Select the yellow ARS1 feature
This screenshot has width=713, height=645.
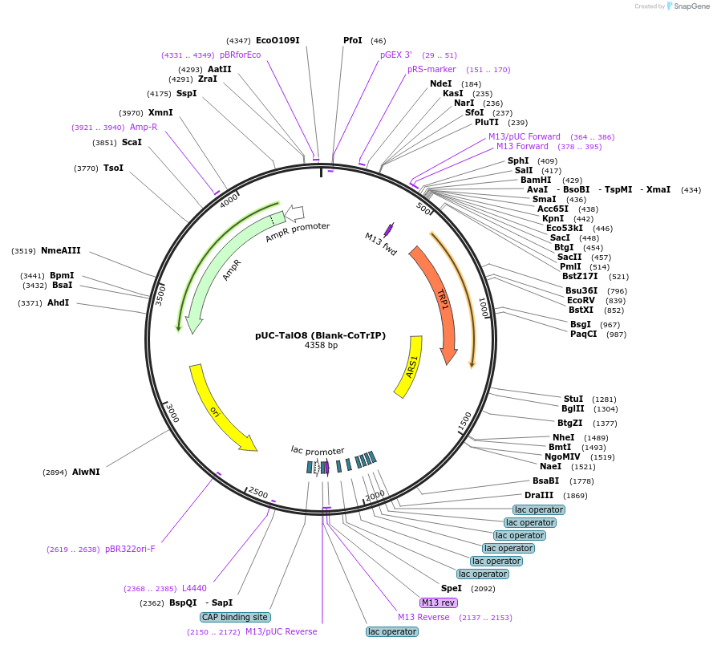tap(410, 366)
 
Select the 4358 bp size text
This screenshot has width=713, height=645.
tap(321, 346)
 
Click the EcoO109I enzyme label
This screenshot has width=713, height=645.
tap(278, 40)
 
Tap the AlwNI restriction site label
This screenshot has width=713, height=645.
tap(86, 472)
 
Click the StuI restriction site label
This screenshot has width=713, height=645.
tap(573, 398)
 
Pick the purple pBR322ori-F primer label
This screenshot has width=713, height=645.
tap(130, 549)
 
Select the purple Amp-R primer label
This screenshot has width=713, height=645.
tap(144, 127)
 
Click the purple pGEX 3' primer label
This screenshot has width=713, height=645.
tap(396, 55)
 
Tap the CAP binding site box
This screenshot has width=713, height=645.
tap(235, 617)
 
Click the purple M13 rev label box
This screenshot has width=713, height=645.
tap(438, 602)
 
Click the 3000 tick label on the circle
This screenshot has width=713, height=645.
tap(170, 413)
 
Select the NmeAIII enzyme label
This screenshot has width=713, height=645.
tap(61, 250)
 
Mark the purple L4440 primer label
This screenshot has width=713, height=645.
tap(194, 588)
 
